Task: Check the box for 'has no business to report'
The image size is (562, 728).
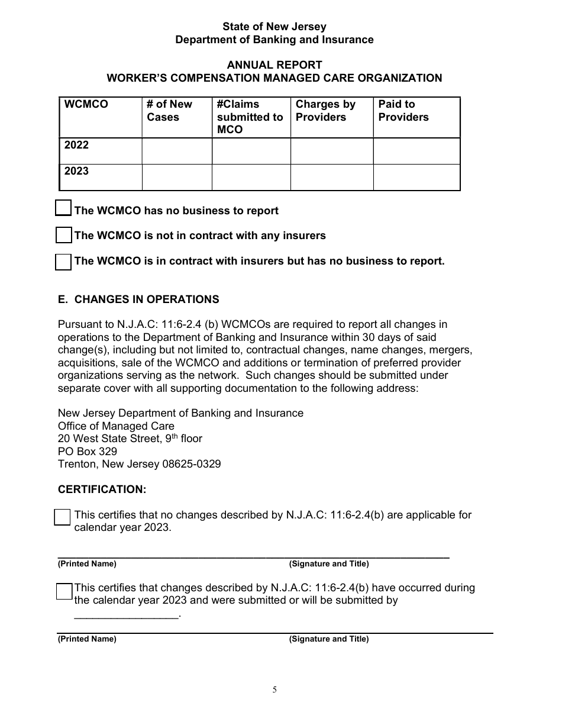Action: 63,208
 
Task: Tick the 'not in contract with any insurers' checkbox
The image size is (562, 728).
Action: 63,235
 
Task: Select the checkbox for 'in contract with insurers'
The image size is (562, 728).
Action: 63,262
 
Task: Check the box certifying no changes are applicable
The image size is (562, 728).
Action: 62,517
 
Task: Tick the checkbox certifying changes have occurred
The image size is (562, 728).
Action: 64,591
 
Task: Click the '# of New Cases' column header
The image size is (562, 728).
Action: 170,111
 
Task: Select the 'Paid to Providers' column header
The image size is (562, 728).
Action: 403,111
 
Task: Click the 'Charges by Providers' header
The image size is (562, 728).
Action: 325,111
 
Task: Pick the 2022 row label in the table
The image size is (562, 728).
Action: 77,146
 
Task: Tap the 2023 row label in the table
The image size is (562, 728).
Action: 77,172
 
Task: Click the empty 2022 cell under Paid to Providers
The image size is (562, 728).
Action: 416,152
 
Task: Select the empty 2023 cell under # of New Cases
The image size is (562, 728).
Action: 177,178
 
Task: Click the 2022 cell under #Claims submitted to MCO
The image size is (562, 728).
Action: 251,152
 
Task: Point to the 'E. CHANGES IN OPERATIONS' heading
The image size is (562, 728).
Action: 138,299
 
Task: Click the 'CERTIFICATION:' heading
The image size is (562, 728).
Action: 102,489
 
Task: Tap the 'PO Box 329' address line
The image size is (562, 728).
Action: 88,452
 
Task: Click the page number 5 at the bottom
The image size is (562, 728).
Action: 274,690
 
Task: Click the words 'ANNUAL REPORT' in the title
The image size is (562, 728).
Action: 274,65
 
